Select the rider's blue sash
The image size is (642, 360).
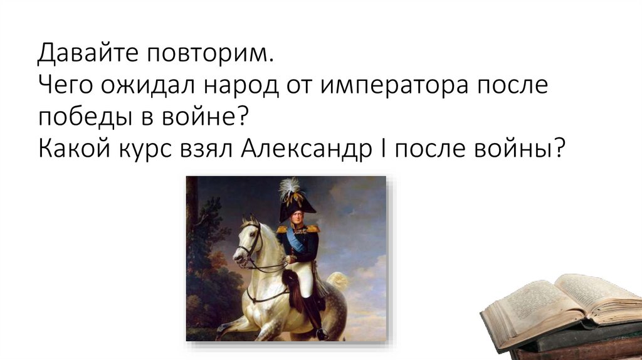click(295, 242)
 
